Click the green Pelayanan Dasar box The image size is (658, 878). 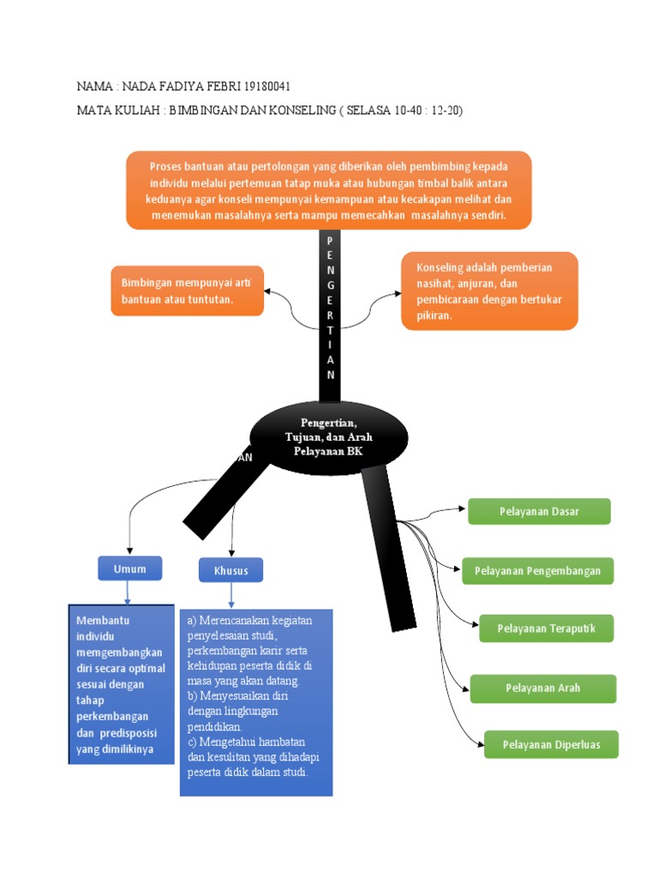[539, 512]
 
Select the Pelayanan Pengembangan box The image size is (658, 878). [538, 571]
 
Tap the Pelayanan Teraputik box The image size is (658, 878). [546, 628]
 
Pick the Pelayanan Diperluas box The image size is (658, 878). [551, 744]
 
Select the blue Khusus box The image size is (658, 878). [230, 570]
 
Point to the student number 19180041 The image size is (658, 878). [273, 87]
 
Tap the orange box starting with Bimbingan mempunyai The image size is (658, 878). [188, 291]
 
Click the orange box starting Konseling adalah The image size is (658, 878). [489, 292]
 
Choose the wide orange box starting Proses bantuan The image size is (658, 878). [329, 190]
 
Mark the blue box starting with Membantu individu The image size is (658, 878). [122, 684]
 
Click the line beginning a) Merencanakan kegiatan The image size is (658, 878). [250, 620]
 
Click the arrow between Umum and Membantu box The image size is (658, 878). [128, 592]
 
